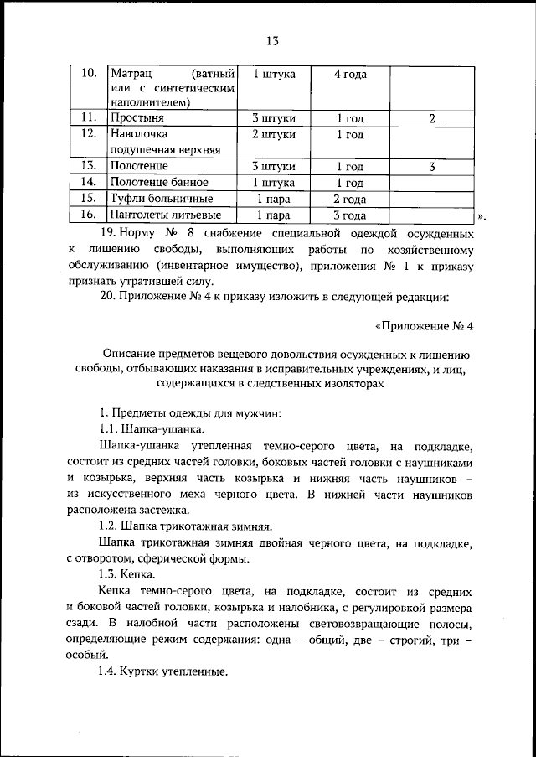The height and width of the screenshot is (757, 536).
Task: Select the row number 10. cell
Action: (89, 74)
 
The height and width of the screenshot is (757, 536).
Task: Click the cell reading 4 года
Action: (349, 75)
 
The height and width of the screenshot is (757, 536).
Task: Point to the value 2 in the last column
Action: (431, 118)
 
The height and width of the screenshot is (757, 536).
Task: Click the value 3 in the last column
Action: (431, 166)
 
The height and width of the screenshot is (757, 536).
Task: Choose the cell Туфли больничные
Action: (161, 199)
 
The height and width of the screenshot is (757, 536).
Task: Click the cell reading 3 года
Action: (349, 215)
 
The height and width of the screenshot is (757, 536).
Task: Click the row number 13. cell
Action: (89, 166)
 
